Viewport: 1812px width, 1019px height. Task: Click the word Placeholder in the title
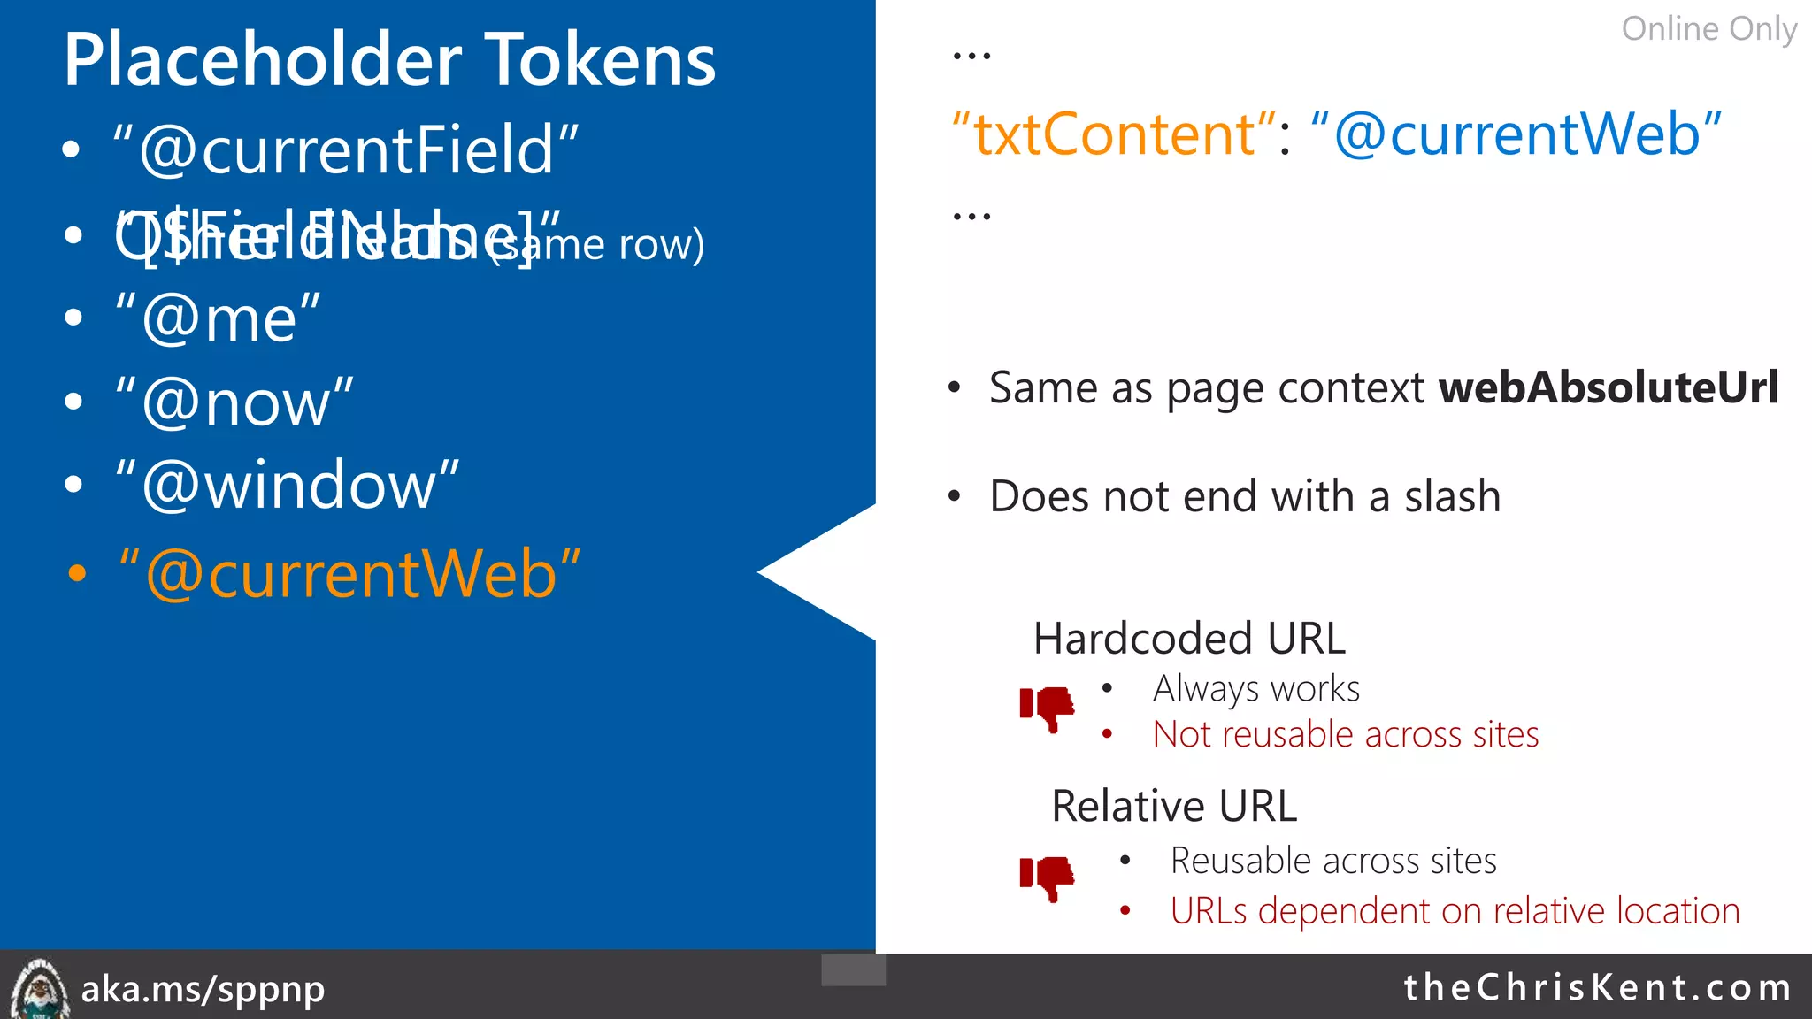[262, 60]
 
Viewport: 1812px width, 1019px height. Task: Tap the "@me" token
[218, 318]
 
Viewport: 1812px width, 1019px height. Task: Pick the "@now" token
[234, 402]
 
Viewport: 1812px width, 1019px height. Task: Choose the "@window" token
[288, 486]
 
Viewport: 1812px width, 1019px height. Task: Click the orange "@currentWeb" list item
[349, 574]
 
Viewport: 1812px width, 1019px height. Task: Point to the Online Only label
[1708, 29]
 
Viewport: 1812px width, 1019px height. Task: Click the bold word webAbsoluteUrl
[1608, 388]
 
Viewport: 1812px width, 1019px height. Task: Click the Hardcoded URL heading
[1189, 639]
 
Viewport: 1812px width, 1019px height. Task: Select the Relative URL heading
[1174, 806]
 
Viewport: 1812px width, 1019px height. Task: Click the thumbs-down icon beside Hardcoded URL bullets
[1048, 708]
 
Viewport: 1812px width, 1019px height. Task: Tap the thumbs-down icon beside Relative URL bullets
[1048, 877]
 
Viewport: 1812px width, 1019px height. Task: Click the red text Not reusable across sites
[1345, 735]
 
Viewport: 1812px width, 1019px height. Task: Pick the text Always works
[1255, 689]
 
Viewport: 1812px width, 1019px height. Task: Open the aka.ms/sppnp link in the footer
[203, 989]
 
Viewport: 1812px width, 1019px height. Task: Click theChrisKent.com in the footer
[1597, 987]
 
